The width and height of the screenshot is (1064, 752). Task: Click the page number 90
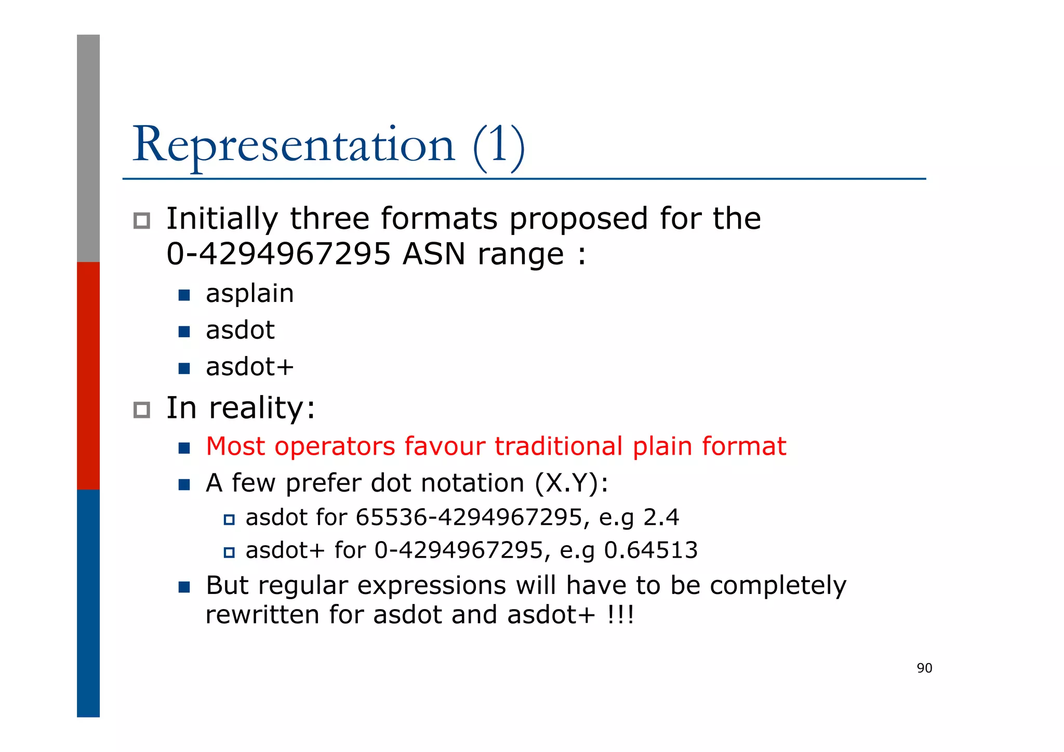pos(924,668)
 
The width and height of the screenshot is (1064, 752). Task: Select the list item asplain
pos(250,294)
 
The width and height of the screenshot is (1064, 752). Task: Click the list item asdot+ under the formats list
pos(250,367)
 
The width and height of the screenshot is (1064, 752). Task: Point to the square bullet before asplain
pos(184,295)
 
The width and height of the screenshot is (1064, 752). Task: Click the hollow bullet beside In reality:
pos(141,410)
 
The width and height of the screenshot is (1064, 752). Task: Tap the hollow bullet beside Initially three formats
pos(141,221)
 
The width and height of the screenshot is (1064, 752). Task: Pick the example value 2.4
pos(661,518)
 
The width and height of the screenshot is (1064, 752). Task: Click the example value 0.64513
pos(650,550)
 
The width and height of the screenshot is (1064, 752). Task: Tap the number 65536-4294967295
pos(469,518)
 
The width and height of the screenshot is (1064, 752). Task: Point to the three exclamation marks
pos(620,615)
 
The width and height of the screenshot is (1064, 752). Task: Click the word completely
pos(778,586)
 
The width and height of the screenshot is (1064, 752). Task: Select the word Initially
pos(222,219)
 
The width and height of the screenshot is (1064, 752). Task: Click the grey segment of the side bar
pos(88,148)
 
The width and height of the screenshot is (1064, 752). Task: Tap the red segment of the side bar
pos(88,375)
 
